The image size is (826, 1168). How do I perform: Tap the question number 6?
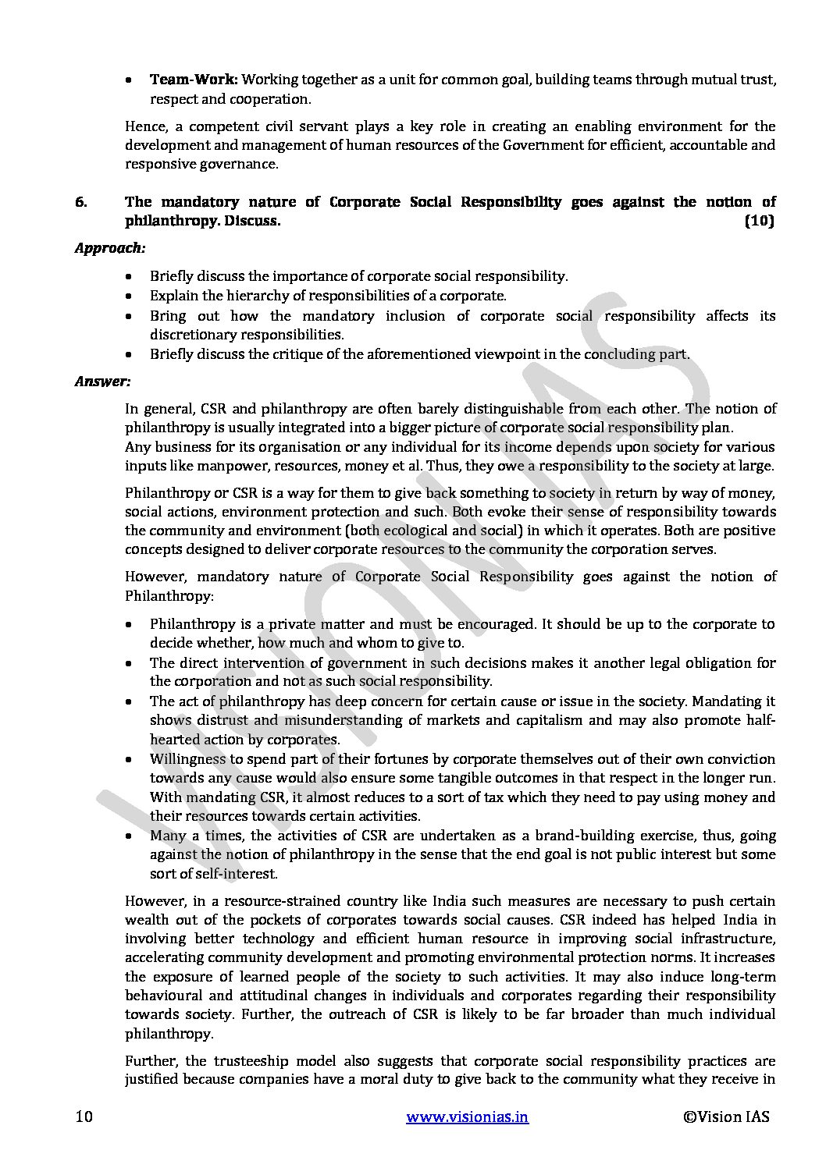[x=81, y=202]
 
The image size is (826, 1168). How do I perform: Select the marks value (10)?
[x=758, y=221]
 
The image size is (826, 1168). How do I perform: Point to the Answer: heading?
[x=102, y=382]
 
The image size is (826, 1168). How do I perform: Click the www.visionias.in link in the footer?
[x=468, y=1117]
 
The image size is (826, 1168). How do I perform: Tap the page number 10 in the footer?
[x=84, y=1117]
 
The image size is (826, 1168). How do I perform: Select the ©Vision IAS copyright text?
[x=726, y=1117]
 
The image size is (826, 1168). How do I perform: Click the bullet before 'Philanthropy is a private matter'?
[x=129, y=625]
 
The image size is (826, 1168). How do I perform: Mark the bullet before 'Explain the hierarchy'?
[x=129, y=296]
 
